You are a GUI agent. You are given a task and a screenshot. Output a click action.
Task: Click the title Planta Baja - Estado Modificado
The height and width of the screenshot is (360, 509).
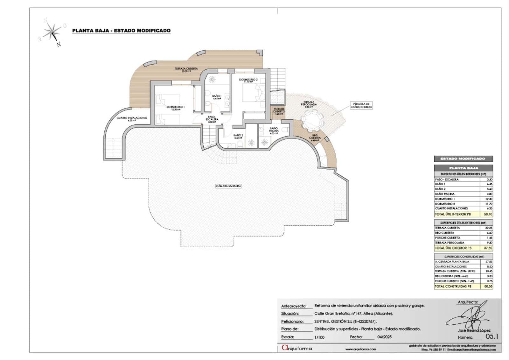(121, 31)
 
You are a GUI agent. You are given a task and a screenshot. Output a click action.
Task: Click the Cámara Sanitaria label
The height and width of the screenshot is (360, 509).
(228, 186)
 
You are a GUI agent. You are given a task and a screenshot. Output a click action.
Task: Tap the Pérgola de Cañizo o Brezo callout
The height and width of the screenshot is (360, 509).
(361, 105)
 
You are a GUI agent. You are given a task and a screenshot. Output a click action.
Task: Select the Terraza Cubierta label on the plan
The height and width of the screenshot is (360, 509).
(186, 70)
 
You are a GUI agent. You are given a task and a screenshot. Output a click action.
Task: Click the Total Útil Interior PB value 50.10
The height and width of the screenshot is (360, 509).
(488, 214)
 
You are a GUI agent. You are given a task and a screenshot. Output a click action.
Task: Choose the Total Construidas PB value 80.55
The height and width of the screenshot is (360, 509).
(488, 286)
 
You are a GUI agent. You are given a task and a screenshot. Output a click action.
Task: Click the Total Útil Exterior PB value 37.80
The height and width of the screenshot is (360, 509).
(488, 248)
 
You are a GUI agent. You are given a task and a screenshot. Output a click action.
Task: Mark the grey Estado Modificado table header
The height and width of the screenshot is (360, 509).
(463, 159)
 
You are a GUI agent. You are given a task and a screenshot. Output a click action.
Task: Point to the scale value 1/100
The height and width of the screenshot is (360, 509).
(319, 337)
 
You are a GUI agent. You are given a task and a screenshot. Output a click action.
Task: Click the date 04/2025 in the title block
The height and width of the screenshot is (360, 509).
(384, 337)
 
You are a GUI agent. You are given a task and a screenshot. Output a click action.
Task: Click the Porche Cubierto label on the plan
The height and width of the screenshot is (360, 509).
(278, 110)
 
